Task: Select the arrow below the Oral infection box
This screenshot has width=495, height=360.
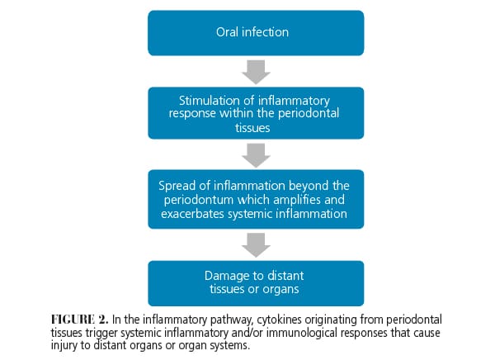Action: (256, 73)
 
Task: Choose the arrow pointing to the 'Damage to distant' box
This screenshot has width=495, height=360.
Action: (256, 244)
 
